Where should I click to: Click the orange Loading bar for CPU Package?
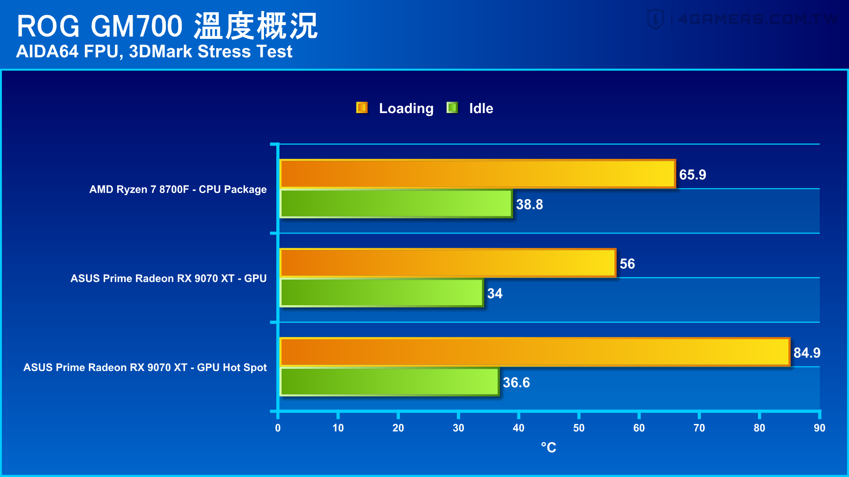pyautogui.click(x=478, y=174)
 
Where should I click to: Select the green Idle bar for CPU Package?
pyautogui.click(x=396, y=204)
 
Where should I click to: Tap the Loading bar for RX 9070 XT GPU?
pyautogui.click(x=448, y=263)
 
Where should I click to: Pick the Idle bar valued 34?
pyautogui.click(x=382, y=293)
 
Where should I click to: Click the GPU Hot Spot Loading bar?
pyautogui.click(x=535, y=352)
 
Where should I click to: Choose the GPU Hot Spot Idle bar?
pyautogui.click(x=390, y=382)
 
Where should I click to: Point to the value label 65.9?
pyautogui.click(x=692, y=175)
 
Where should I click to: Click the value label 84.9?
pyautogui.click(x=807, y=353)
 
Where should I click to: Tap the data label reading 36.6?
pyautogui.click(x=516, y=382)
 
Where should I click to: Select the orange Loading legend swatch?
pyautogui.click(x=362, y=108)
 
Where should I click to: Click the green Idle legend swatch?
pyautogui.click(x=452, y=108)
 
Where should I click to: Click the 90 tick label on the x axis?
pyautogui.click(x=819, y=428)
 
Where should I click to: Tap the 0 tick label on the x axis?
pyautogui.click(x=278, y=428)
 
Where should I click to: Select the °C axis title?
pyautogui.click(x=549, y=447)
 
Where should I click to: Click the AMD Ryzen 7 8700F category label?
pyautogui.click(x=178, y=189)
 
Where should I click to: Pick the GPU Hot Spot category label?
pyautogui.click(x=145, y=367)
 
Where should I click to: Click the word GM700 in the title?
pyautogui.click(x=137, y=26)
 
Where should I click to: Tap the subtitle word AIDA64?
pyautogui.click(x=47, y=52)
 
